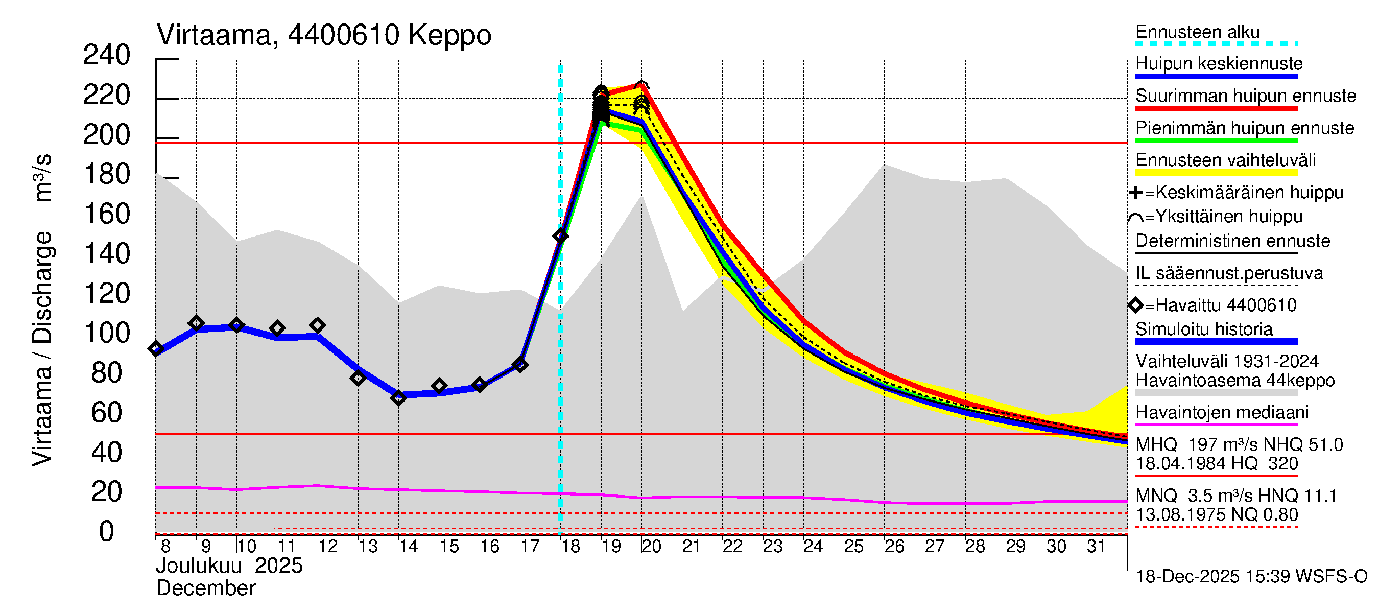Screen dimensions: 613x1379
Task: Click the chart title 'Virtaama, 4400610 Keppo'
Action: pyautogui.click(x=323, y=35)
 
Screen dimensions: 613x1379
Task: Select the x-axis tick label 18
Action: pyautogui.click(x=570, y=547)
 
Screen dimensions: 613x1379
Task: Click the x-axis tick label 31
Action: pyautogui.click(x=1096, y=547)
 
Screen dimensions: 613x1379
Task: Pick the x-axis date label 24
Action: pyautogui.click(x=813, y=547)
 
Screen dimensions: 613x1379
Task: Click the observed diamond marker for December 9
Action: pyautogui.click(x=197, y=323)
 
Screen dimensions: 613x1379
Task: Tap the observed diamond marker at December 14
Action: pyautogui.click(x=398, y=398)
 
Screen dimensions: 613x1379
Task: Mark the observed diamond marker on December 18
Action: pyautogui.click(x=560, y=236)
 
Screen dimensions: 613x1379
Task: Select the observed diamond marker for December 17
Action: pyautogui.click(x=520, y=365)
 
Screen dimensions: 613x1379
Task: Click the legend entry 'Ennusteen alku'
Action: pyautogui.click(x=1197, y=32)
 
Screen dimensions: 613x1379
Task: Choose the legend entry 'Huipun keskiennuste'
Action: pyautogui.click(x=1219, y=64)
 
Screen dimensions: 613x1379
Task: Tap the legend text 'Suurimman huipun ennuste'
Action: pyautogui.click(x=1246, y=96)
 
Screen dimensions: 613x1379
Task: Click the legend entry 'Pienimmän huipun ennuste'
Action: pyautogui.click(x=1245, y=128)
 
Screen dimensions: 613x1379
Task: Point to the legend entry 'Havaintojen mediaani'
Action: pyautogui.click(x=1222, y=413)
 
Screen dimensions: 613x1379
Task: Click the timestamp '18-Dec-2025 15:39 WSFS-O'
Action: pyautogui.click(x=1251, y=577)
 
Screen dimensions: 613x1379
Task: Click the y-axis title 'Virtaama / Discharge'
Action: pyautogui.click(x=43, y=348)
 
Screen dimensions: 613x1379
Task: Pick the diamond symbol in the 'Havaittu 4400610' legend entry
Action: pyautogui.click(x=1135, y=305)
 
